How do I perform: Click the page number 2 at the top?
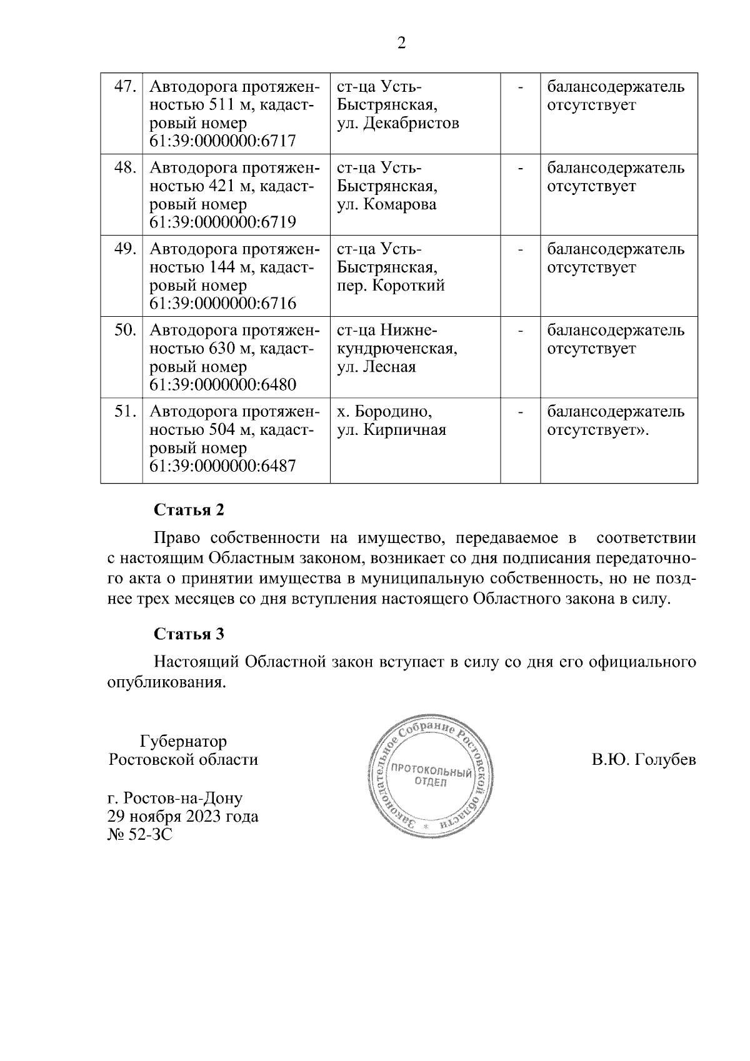click(401, 43)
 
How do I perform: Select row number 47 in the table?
click(125, 87)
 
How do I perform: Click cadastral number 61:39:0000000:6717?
click(222, 141)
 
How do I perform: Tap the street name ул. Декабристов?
click(398, 123)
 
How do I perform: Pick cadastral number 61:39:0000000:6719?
click(222, 222)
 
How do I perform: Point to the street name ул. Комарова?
click(387, 204)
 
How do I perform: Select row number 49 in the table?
click(125, 249)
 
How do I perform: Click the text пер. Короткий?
click(391, 286)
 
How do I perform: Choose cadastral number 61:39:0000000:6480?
click(222, 385)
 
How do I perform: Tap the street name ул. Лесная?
click(376, 367)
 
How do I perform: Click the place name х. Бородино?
click(384, 412)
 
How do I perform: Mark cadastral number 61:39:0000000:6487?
click(222, 466)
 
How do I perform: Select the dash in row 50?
click(520, 331)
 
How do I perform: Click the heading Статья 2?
click(189, 510)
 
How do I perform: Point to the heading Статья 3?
click(189, 634)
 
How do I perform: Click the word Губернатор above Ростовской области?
click(183, 742)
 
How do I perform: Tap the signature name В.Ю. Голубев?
click(644, 760)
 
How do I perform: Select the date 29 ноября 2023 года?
click(183, 816)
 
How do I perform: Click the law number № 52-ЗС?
click(140, 834)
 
